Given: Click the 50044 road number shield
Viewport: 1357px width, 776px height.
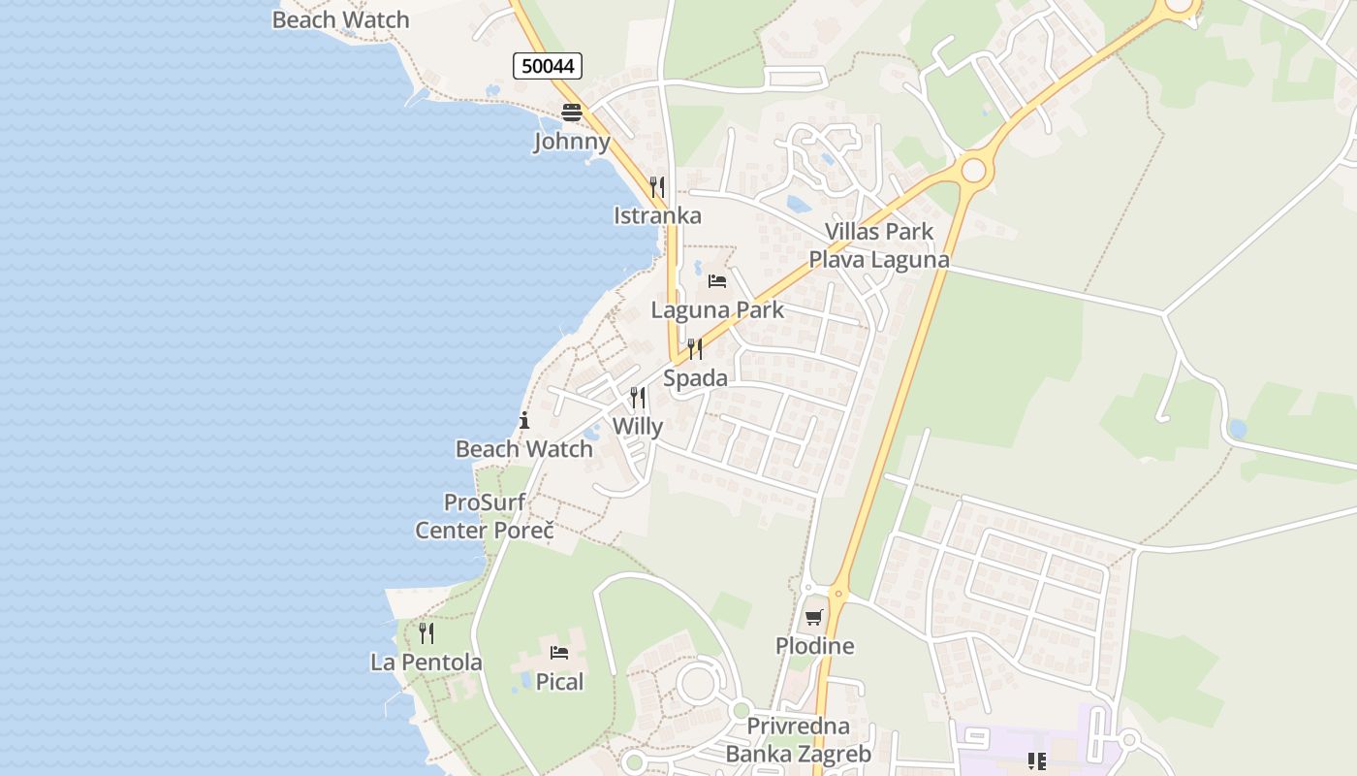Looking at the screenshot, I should click(x=548, y=66).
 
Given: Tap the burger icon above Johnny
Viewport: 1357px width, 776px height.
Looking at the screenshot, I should click(x=572, y=113).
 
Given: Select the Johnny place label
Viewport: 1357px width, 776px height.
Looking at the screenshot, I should click(x=572, y=142).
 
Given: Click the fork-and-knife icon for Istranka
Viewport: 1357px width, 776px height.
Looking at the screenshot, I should click(x=657, y=186).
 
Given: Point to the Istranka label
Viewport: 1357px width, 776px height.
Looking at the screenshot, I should click(x=657, y=215).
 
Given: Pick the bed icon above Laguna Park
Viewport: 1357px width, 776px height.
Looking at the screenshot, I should click(x=717, y=281).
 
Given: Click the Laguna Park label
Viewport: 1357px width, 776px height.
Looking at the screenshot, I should click(x=717, y=310).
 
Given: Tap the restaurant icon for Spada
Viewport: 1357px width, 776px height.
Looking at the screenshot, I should click(x=695, y=349).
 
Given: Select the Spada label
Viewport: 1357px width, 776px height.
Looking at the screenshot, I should click(x=695, y=378).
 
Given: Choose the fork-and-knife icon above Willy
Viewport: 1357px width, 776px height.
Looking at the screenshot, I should click(x=638, y=398).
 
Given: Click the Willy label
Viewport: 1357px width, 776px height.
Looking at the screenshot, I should click(x=638, y=427).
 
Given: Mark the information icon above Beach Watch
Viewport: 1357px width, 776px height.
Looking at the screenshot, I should click(x=524, y=420).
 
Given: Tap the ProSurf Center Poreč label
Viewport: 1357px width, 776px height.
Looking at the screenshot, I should click(x=485, y=517).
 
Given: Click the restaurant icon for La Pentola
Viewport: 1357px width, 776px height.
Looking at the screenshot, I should click(x=426, y=633).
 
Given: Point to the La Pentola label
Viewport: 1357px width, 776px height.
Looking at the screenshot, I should click(x=426, y=663).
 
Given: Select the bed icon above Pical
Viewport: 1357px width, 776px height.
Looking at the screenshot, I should click(x=559, y=652).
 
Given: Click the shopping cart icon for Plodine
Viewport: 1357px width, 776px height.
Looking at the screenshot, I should click(x=814, y=617).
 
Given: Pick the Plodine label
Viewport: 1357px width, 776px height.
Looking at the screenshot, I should click(x=815, y=646).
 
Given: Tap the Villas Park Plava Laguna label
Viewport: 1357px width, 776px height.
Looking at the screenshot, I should click(x=879, y=245).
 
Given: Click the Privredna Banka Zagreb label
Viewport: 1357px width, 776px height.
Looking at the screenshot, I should click(x=799, y=740).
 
